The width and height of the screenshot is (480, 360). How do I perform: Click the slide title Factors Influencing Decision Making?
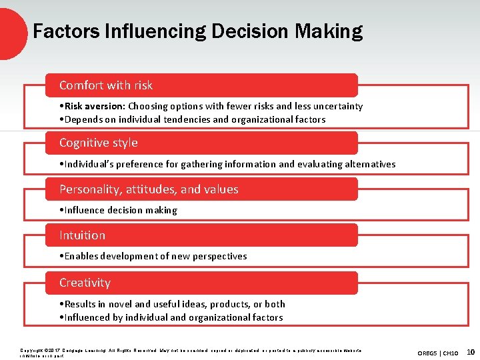pyautogui.click(x=197, y=31)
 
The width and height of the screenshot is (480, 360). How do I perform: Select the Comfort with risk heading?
pyautogui.click(x=106, y=85)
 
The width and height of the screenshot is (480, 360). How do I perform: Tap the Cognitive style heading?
pyautogui.click(x=99, y=143)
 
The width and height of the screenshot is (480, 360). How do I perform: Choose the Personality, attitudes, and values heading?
pyautogui.click(x=149, y=189)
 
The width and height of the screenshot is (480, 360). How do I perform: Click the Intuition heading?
pyautogui.click(x=82, y=235)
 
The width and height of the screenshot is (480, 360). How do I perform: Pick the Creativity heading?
pyautogui.click(x=85, y=283)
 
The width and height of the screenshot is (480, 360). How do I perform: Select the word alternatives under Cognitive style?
pyautogui.click(x=366, y=164)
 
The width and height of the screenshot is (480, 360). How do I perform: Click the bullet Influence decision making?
pyautogui.click(x=121, y=210)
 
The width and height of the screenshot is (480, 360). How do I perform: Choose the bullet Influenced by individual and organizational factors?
pyautogui.click(x=173, y=317)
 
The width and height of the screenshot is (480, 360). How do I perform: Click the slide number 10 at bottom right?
pyautogui.click(x=471, y=351)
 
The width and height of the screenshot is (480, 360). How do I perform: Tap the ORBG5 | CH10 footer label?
pyautogui.click(x=438, y=352)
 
